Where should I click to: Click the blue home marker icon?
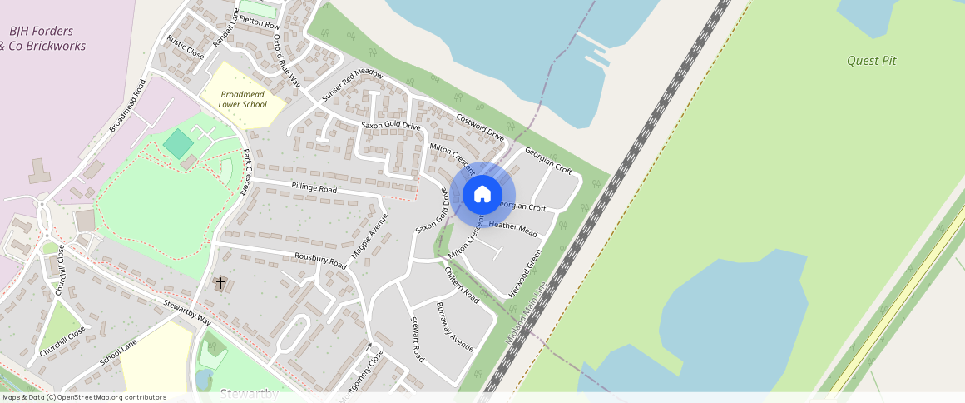[482, 195]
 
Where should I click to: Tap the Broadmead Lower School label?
[243, 100]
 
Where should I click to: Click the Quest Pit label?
[871, 61]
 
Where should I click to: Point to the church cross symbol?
[220, 283]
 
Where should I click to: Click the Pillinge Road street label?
[314, 188]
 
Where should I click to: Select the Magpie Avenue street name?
[369, 236]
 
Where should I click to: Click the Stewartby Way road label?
[187, 311]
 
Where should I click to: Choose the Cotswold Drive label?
[480, 125]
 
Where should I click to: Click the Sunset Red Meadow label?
[352, 85]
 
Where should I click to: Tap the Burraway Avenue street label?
[454, 326]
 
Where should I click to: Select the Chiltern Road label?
[462, 284]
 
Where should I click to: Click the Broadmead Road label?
[128, 106]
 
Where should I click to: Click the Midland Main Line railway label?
[527, 314]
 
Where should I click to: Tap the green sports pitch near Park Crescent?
[177, 143]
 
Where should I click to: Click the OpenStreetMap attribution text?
[83, 397]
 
